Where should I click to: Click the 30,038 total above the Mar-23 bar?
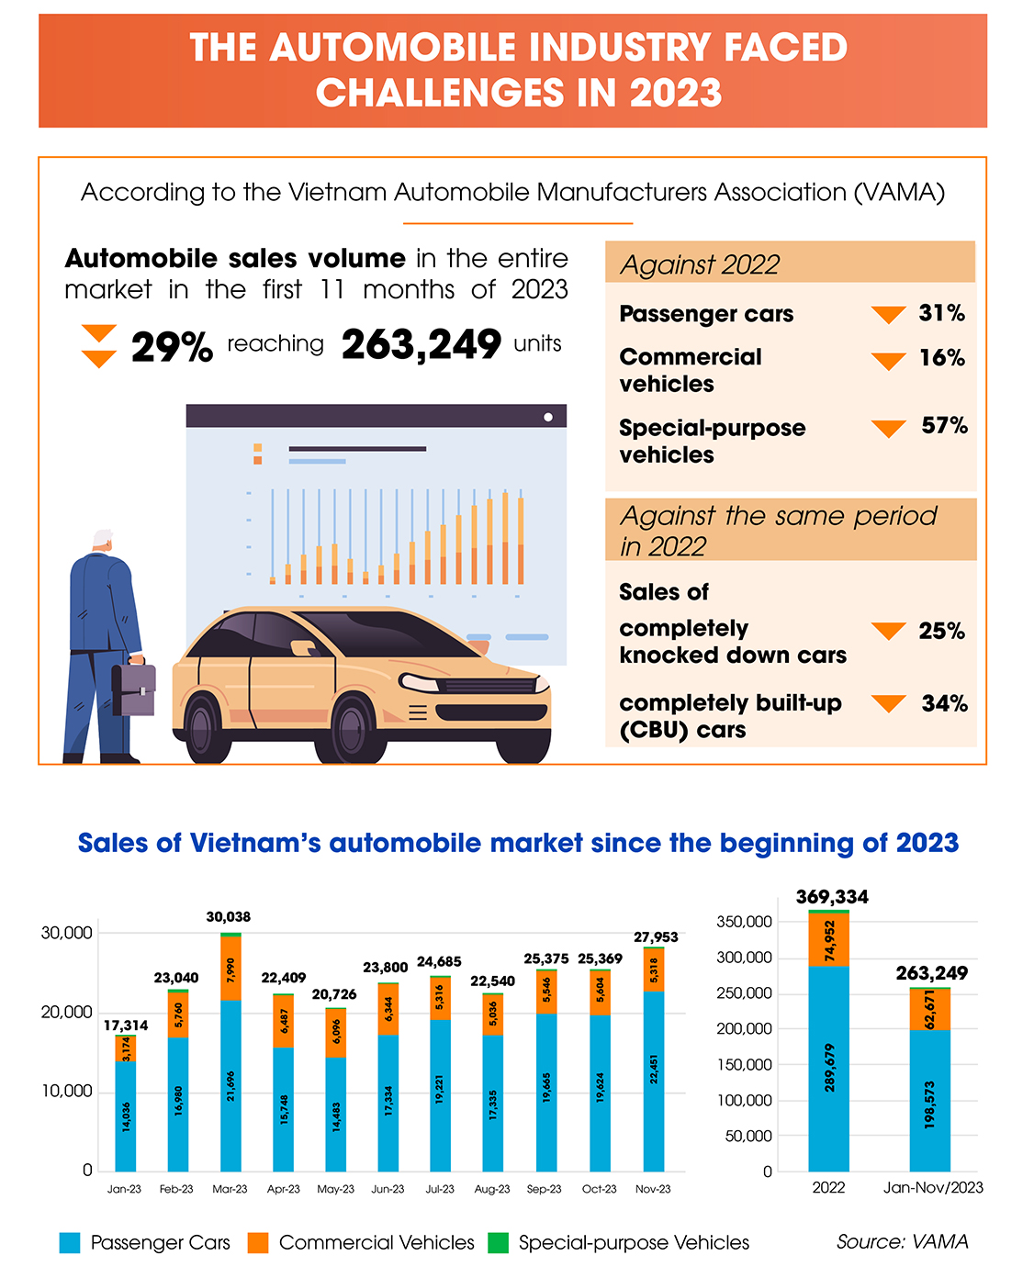click(x=229, y=917)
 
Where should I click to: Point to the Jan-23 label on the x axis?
click(x=124, y=1189)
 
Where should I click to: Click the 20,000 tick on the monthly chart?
click(x=67, y=1012)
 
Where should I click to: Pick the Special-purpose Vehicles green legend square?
click(x=498, y=1243)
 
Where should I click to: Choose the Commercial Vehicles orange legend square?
click(x=258, y=1243)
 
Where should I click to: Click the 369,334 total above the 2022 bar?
click(x=832, y=897)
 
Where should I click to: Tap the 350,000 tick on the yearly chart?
click(x=744, y=922)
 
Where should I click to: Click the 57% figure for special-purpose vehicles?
click(x=944, y=426)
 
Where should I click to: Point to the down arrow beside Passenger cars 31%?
click(x=888, y=315)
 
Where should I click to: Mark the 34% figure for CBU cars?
click(x=944, y=704)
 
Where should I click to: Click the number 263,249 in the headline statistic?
click(x=421, y=345)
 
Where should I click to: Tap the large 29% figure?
click(x=172, y=347)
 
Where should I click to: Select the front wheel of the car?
click(x=354, y=730)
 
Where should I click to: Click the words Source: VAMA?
click(x=902, y=1242)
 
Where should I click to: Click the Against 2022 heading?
click(x=700, y=265)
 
